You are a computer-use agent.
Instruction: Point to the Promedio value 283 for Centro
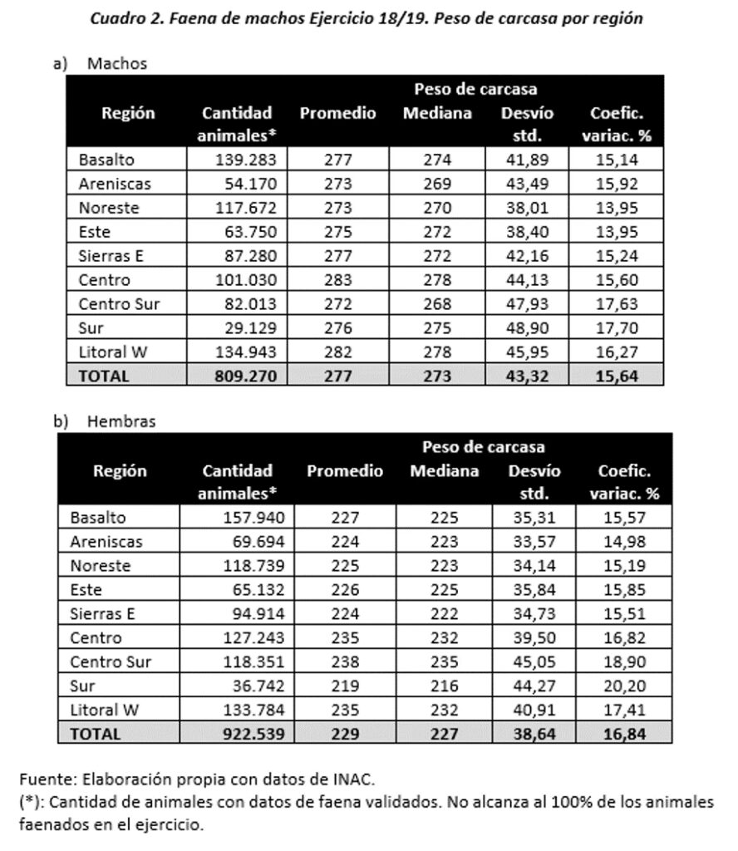(x=337, y=280)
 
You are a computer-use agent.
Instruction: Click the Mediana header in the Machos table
(x=437, y=113)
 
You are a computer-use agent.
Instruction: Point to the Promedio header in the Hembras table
(x=344, y=471)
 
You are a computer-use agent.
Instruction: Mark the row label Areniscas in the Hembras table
(x=106, y=542)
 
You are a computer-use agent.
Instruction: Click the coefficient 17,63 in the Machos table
(x=617, y=303)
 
